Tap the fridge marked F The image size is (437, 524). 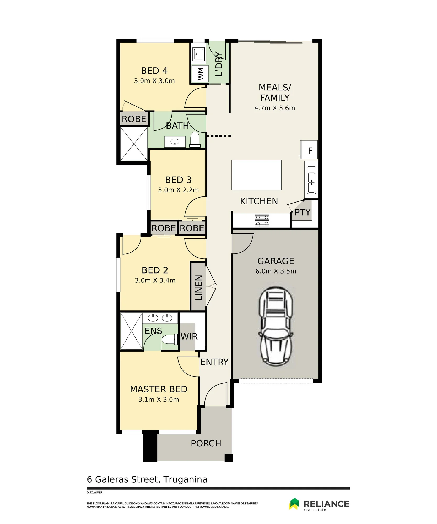309,150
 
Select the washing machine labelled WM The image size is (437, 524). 200,74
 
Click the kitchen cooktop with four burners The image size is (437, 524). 262,220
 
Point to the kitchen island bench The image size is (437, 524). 256,175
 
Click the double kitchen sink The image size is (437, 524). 311,180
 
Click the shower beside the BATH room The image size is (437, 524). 134,144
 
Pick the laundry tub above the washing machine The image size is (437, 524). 199,54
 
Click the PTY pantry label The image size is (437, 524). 303,212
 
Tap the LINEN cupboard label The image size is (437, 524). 198,288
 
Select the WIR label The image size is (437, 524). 189,336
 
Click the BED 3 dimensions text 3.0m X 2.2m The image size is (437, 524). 178,190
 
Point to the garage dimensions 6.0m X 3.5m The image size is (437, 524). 276,271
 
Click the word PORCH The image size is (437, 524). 206,444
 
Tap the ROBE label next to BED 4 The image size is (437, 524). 134,119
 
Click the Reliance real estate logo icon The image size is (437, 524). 294,504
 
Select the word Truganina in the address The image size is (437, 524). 185,479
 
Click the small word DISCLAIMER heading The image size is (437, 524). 94,493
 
